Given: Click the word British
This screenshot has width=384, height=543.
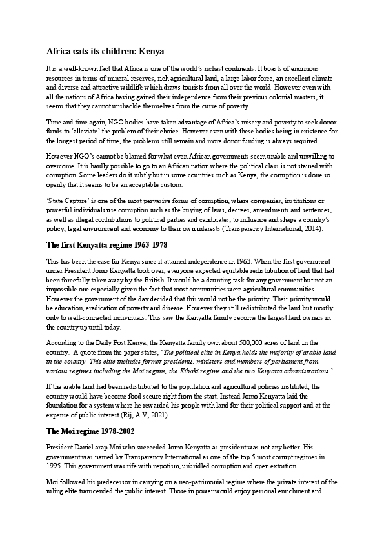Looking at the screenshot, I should pyautogui.click(x=161, y=281).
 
